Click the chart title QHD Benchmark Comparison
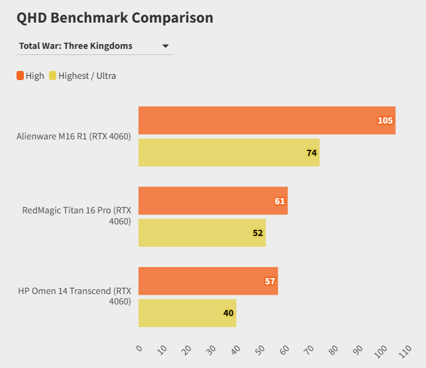pyautogui.click(x=115, y=18)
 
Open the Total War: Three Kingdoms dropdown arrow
pyautogui.click(x=165, y=46)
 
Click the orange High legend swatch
pyautogui.click(x=20, y=76)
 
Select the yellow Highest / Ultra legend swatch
pyautogui.click(x=53, y=76)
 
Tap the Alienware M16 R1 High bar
pyautogui.click(x=266, y=120)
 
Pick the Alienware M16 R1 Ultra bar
pyautogui.click(x=228, y=152)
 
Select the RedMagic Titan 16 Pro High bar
pyautogui.click(x=212, y=201)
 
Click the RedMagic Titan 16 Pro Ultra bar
pyautogui.click(x=201, y=233)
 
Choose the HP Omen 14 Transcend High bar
pyautogui.click(x=207, y=281)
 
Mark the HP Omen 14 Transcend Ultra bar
pyautogui.click(x=187, y=313)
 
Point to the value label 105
pyautogui.click(x=385, y=120)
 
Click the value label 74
pyautogui.click(x=312, y=153)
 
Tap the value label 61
pyautogui.click(x=280, y=201)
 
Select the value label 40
pyautogui.click(x=228, y=313)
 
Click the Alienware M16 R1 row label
pyautogui.click(x=73, y=136)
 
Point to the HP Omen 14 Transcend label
pyautogui.click(x=74, y=296)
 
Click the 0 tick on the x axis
pyautogui.click(x=140, y=348)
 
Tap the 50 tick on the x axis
pyautogui.click(x=260, y=350)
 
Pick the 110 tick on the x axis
pyautogui.click(x=405, y=351)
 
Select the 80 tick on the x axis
pyautogui.click(x=334, y=350)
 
